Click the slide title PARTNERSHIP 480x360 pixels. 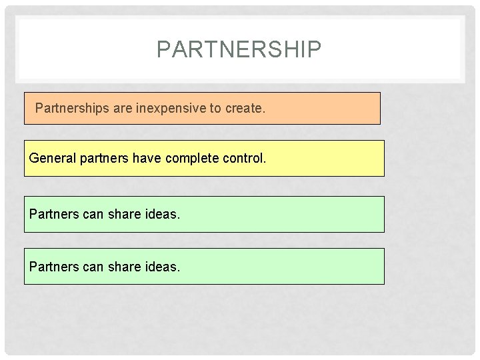pos(239,49)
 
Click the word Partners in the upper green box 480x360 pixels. pos(53,215)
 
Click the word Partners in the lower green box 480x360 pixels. pos(53,267)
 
